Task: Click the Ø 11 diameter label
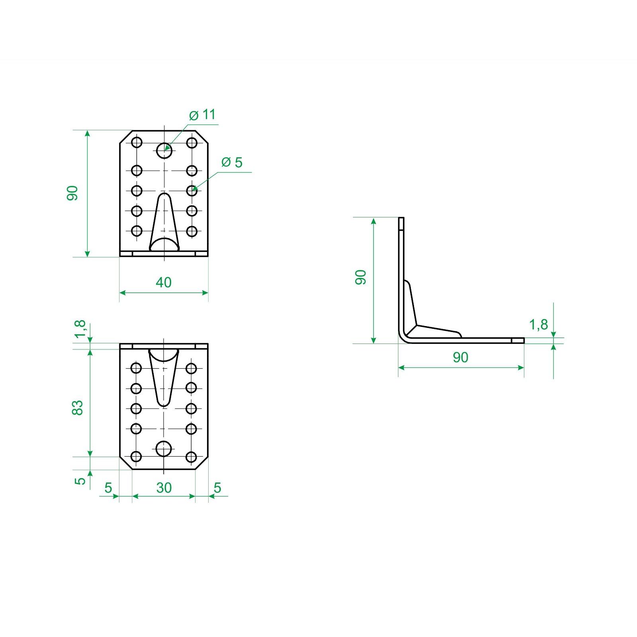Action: (x=202, y=115)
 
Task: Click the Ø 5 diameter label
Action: (x=232, y=162)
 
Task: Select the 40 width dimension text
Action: (x=164, y=282)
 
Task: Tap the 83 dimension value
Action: (x=77, y=408)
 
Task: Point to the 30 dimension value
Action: (x=164, y=488)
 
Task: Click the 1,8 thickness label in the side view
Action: (x=538, y=325)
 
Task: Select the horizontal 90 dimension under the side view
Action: (x=461, y=358)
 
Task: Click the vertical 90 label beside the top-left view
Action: (x=72, y=193)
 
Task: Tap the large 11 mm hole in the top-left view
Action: (x=164, y=150)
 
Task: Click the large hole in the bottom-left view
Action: (x=164, y=449)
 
